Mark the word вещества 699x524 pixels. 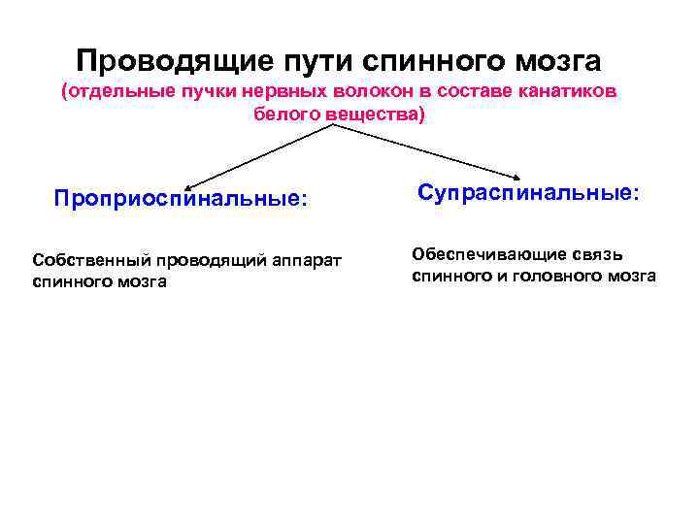(x=372, y=115)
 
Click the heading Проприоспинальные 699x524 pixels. (x=181, y=198)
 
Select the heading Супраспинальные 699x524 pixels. (x=528, y=192)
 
